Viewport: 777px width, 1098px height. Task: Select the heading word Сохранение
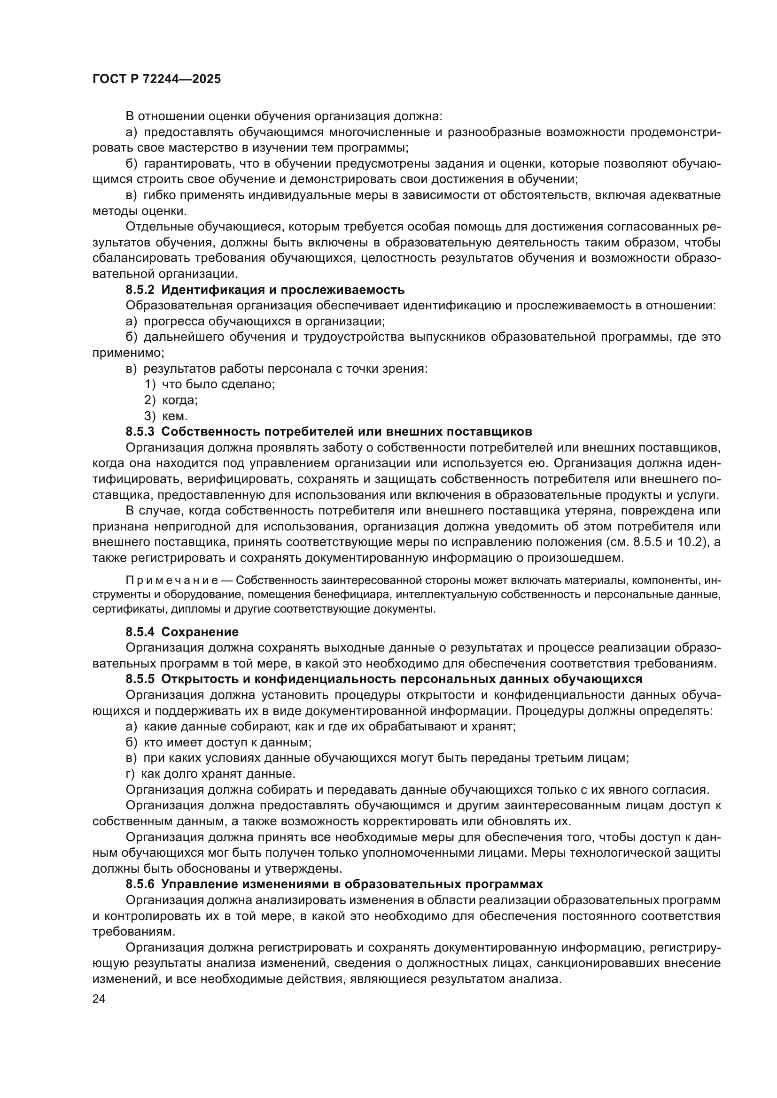click(x=200, y=632)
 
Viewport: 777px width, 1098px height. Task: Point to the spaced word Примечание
click(x=172, y=581)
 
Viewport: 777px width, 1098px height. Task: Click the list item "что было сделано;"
click(x=218, y=384)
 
